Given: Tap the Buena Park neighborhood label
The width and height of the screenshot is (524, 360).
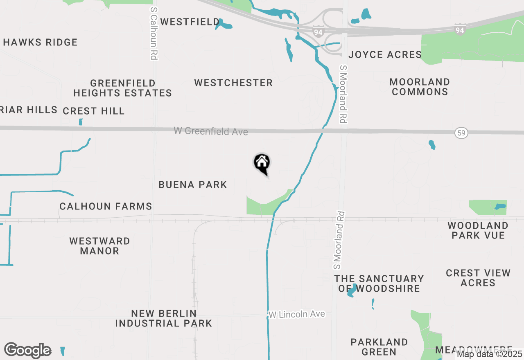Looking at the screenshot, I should tap(193, 184).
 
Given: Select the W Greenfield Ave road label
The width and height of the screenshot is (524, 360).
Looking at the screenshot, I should tap(211, 131).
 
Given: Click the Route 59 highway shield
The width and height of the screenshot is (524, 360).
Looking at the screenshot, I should tap(461, 133).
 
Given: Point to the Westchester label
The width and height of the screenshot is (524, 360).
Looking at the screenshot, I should tap(233, 83).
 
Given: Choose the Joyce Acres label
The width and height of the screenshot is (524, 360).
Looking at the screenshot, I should tap(385, 54).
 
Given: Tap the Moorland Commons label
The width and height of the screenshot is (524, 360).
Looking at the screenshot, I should tap(420, 87).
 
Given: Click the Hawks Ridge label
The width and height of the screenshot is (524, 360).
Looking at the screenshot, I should tap(40, 42).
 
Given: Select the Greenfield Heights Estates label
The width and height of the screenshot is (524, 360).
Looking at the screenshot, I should tap(123, 88).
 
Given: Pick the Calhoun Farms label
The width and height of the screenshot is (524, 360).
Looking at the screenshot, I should tap(106, 206).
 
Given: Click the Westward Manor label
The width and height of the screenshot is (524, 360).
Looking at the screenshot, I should tap(99, 246).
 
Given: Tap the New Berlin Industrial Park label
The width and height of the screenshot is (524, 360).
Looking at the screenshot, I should tap(163, 318).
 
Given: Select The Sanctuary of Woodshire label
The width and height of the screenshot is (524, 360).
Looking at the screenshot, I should tap(379, 283).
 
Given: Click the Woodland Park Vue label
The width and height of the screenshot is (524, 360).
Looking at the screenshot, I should tap(478, 230).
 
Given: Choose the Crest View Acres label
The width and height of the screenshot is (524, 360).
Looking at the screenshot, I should tap(478, 278).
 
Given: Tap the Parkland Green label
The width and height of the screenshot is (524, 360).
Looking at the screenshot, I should tap(379, 347).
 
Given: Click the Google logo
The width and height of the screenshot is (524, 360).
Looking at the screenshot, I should tap(27, 350).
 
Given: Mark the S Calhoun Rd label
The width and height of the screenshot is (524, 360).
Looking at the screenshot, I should tap(154, 33).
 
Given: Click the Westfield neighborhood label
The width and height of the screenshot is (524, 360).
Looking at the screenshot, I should tap(190, 22).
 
